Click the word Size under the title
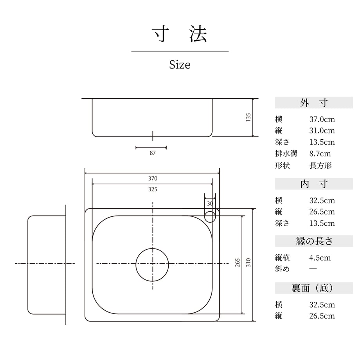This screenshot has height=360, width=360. (180, 65)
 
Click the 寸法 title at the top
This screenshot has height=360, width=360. (180, 34)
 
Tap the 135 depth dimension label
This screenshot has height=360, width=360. (248, 117)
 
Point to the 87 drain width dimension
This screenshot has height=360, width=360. (153, 153)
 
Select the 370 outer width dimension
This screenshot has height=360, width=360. (153, 178)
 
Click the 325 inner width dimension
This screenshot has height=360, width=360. (153, 189)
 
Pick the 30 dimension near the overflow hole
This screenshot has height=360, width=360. (210, 203)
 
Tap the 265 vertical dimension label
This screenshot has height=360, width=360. (238, 263)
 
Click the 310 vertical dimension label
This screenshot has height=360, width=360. (248, 263)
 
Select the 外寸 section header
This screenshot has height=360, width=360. (314, 103)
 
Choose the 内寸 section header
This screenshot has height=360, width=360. (314, 184)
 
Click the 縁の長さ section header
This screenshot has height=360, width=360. (314, 241)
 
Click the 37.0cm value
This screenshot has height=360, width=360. (322, 119)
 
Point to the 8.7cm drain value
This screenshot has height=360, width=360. (320, 154)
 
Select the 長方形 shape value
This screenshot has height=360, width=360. (320, 165)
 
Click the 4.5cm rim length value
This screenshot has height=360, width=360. (320, 258)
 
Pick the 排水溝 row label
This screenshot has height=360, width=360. (286, 154)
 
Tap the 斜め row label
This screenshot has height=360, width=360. (283, 268)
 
